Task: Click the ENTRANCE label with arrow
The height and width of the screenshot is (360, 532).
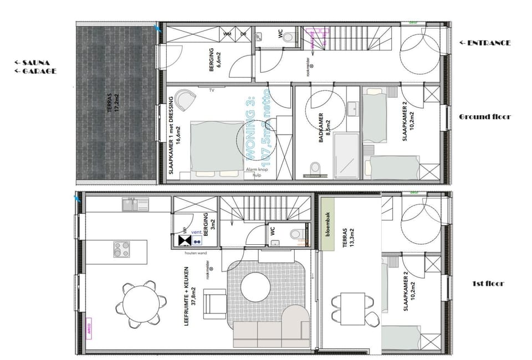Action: coord(485,43)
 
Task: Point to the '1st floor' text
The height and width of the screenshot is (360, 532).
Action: coord(488,284)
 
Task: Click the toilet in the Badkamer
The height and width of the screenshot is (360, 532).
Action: coord(315,167)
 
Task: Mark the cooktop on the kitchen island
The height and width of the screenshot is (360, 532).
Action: coord(121,249)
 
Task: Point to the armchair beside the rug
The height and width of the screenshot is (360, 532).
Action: coord(214,304)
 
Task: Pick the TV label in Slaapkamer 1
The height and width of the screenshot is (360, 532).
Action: coord(211,89)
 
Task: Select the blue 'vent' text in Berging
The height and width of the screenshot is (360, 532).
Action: coord(196,233)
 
